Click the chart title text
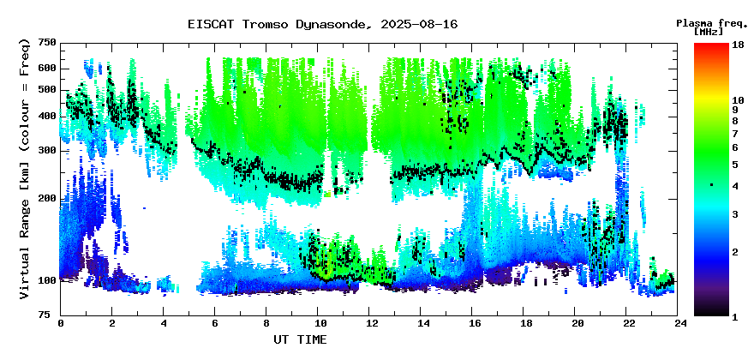pos(323,24)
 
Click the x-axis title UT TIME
pos(300,339)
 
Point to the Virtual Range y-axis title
pos(26,169)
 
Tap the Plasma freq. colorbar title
pos(713,27)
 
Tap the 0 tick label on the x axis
pos(61,323)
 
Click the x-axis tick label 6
pos(214,323)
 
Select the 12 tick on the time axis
pos(368,323)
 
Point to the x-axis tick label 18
pos(524,323)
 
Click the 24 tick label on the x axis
pos(678,323)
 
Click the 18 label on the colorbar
pos(738,45)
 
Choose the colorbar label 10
pos(738,100)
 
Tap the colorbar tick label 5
pos(735,165)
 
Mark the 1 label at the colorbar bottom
pos(735,317)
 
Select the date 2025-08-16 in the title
pos(419,24)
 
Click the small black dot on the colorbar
pos(711,184)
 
